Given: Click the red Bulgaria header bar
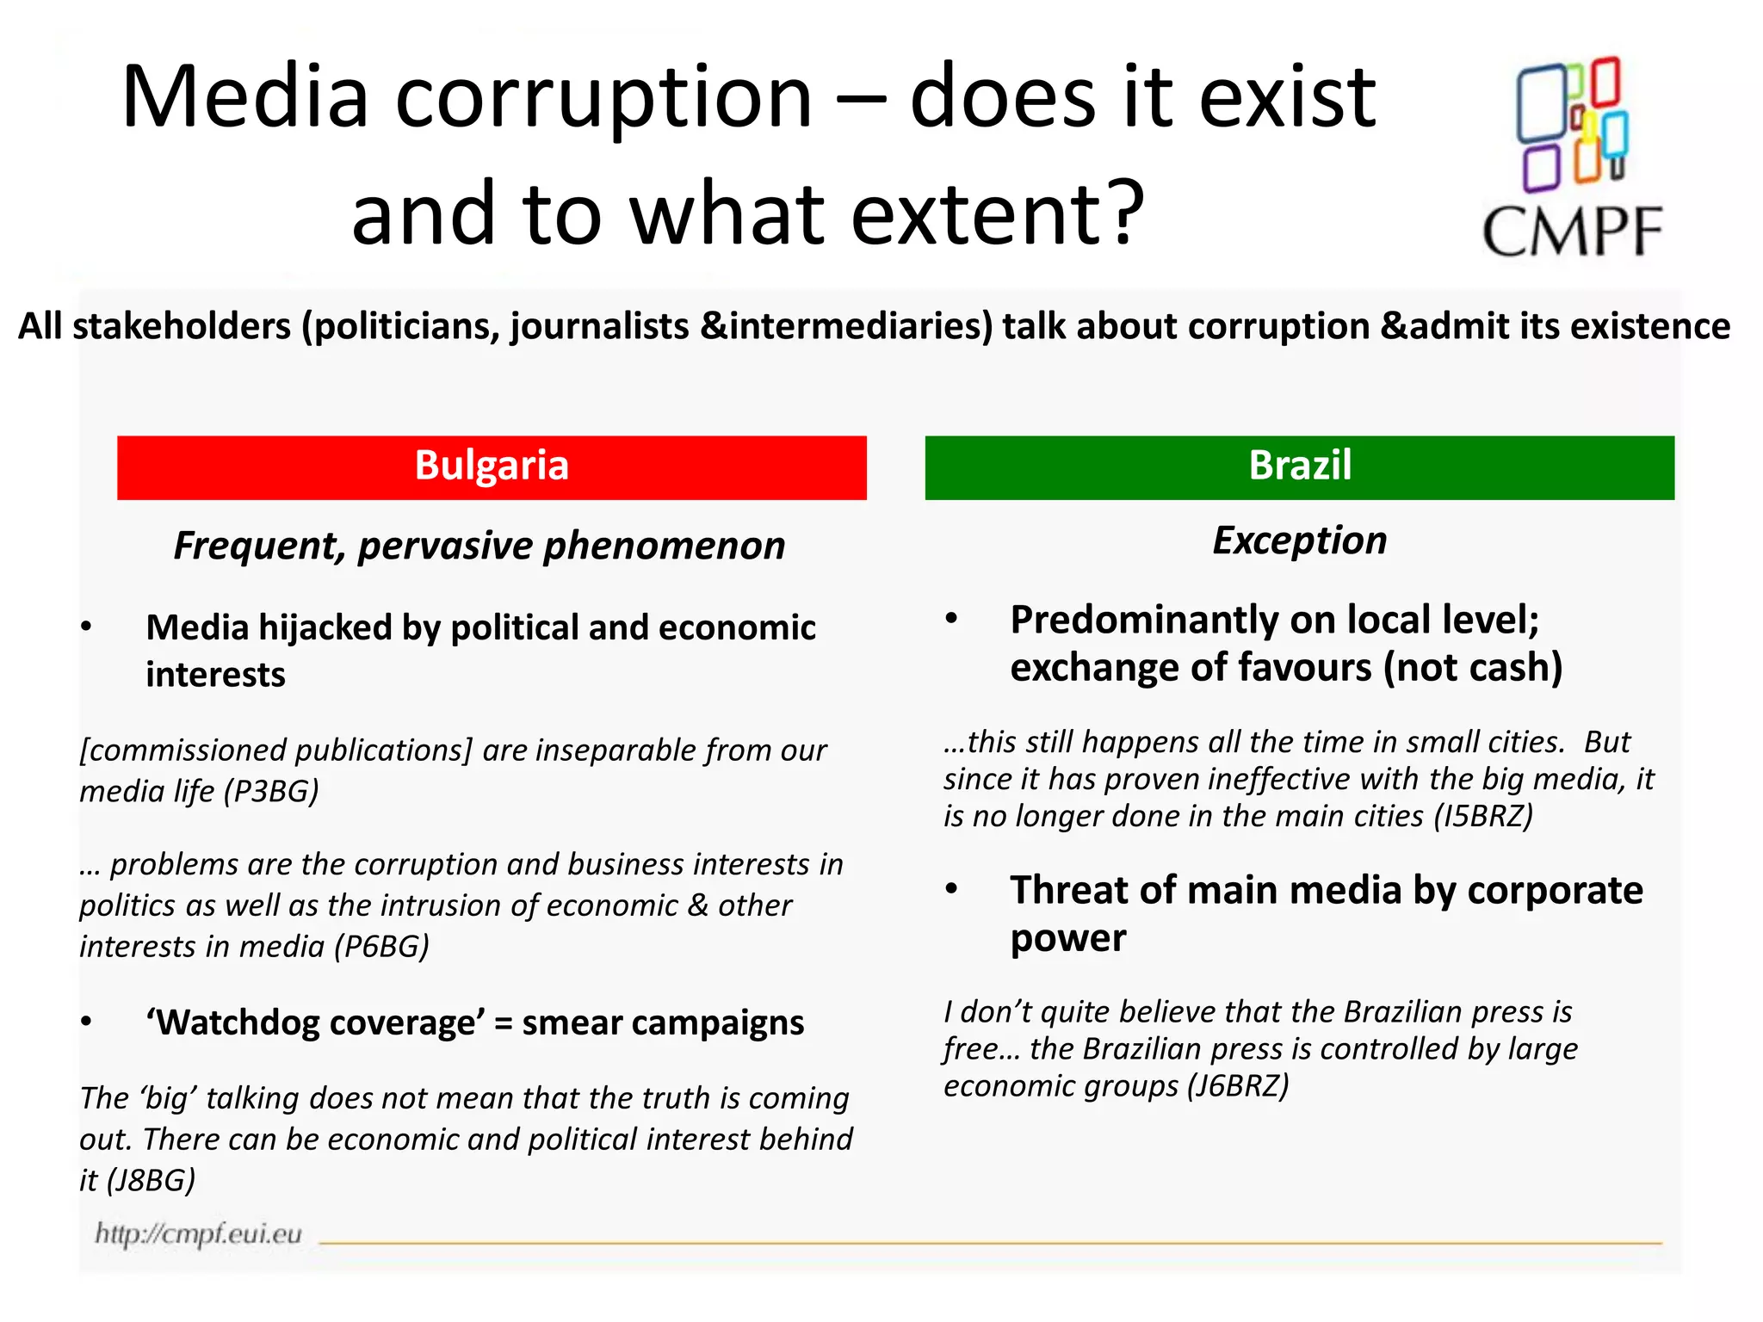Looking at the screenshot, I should pos(492,467).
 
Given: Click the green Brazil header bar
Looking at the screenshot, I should pos(1299,467).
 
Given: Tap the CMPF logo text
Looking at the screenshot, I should pos(1572,232).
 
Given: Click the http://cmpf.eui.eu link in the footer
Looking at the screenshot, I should pos(198,1233).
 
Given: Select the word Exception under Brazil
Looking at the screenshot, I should pos(1299,541).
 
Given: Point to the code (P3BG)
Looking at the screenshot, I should pos(270,791).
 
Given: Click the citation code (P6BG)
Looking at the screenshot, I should pos(380,946).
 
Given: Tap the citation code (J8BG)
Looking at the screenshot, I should pos(150,1179).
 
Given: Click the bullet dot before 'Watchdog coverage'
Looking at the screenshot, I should pos(86,1022).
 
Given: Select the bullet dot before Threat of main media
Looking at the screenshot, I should pos(951,889).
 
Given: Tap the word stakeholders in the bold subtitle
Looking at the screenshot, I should pos(182,326).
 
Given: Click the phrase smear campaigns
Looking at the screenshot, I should pos(663,1022).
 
